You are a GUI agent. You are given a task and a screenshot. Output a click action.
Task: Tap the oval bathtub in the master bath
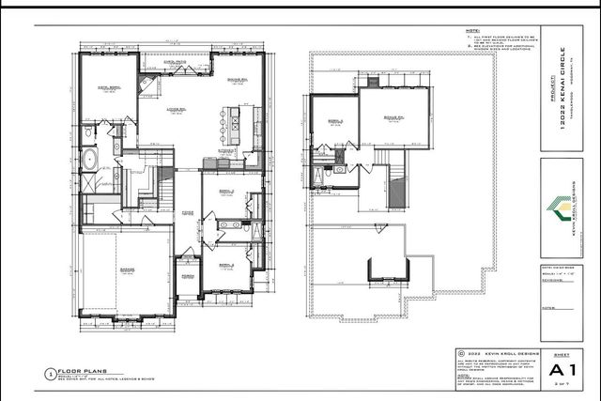click(89, 159)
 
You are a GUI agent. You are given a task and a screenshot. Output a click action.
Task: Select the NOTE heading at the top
click(474, 31)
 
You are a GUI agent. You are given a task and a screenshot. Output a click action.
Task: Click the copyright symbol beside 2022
click(460, 353)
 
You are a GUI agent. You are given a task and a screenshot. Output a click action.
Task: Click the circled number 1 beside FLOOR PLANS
click(49, 374)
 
